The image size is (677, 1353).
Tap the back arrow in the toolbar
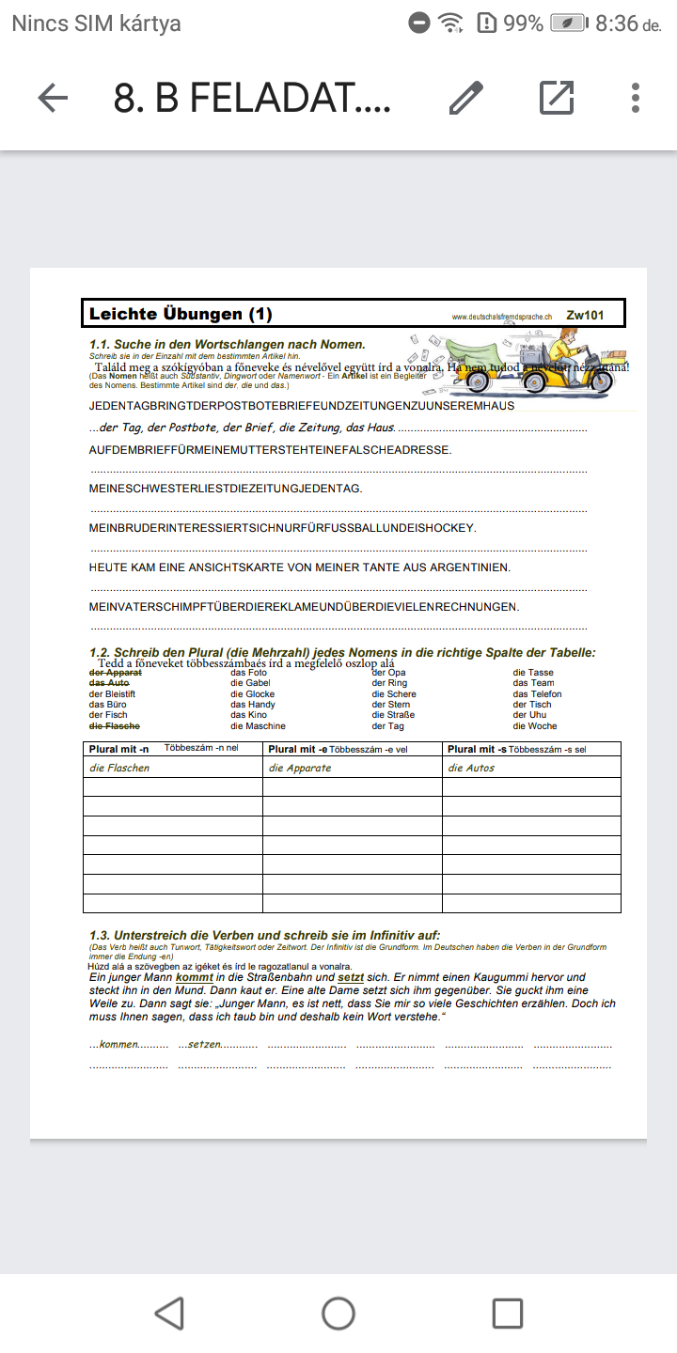(53, 98)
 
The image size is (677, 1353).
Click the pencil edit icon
(465, 98)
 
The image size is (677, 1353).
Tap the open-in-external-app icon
(557, 98)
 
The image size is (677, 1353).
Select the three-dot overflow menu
(636, 98)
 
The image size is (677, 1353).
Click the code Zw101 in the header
(585, 316)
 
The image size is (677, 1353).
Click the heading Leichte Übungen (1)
(181, 314)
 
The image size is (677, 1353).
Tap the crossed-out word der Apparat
(116, 673)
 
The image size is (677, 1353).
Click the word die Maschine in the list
(258, 726)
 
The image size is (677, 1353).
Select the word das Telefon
(538, 694)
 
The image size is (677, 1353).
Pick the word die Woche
(535, 726)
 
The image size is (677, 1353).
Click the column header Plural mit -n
(119, 749)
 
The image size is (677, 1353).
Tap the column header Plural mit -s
(477, 749)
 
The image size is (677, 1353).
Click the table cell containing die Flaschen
(172, 768)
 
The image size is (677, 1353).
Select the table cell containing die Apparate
(352, 768)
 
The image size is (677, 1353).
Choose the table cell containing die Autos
(531, 768)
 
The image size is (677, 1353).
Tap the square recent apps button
(507, 1313)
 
